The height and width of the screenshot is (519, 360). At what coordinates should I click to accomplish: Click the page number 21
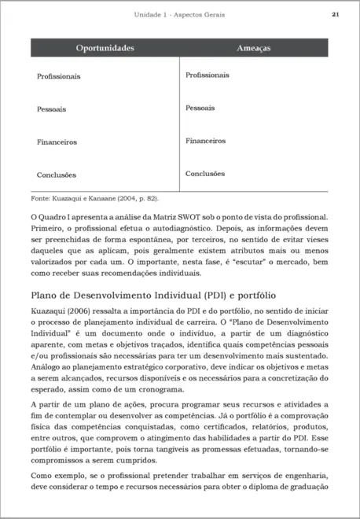[x=336, y=14]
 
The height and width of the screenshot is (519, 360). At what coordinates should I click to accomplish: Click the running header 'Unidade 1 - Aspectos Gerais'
[x=180, y=14]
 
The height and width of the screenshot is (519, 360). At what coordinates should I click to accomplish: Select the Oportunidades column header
[x=105, y=49]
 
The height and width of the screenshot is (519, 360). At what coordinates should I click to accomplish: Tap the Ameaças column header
[x=254, y=49]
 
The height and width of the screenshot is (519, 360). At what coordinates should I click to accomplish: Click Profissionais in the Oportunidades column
[x=59, y=77]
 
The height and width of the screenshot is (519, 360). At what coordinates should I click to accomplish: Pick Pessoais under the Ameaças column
[x=200, y=108]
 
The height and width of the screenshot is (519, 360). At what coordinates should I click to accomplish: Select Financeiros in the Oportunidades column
[x=57, y=142]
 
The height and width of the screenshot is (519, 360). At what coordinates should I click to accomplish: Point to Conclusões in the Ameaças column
[x=205, y=174]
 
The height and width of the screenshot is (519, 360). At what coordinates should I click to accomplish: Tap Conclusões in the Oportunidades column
[x=57, y=175]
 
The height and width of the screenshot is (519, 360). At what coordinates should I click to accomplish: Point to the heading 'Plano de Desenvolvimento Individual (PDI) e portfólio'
[x=152, y=296]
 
